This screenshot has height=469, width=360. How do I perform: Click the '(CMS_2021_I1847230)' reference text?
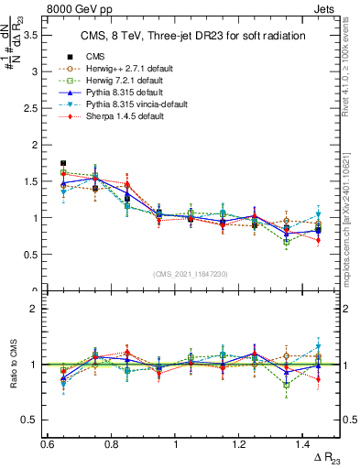191,275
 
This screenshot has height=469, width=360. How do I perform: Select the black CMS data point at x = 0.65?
63,163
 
